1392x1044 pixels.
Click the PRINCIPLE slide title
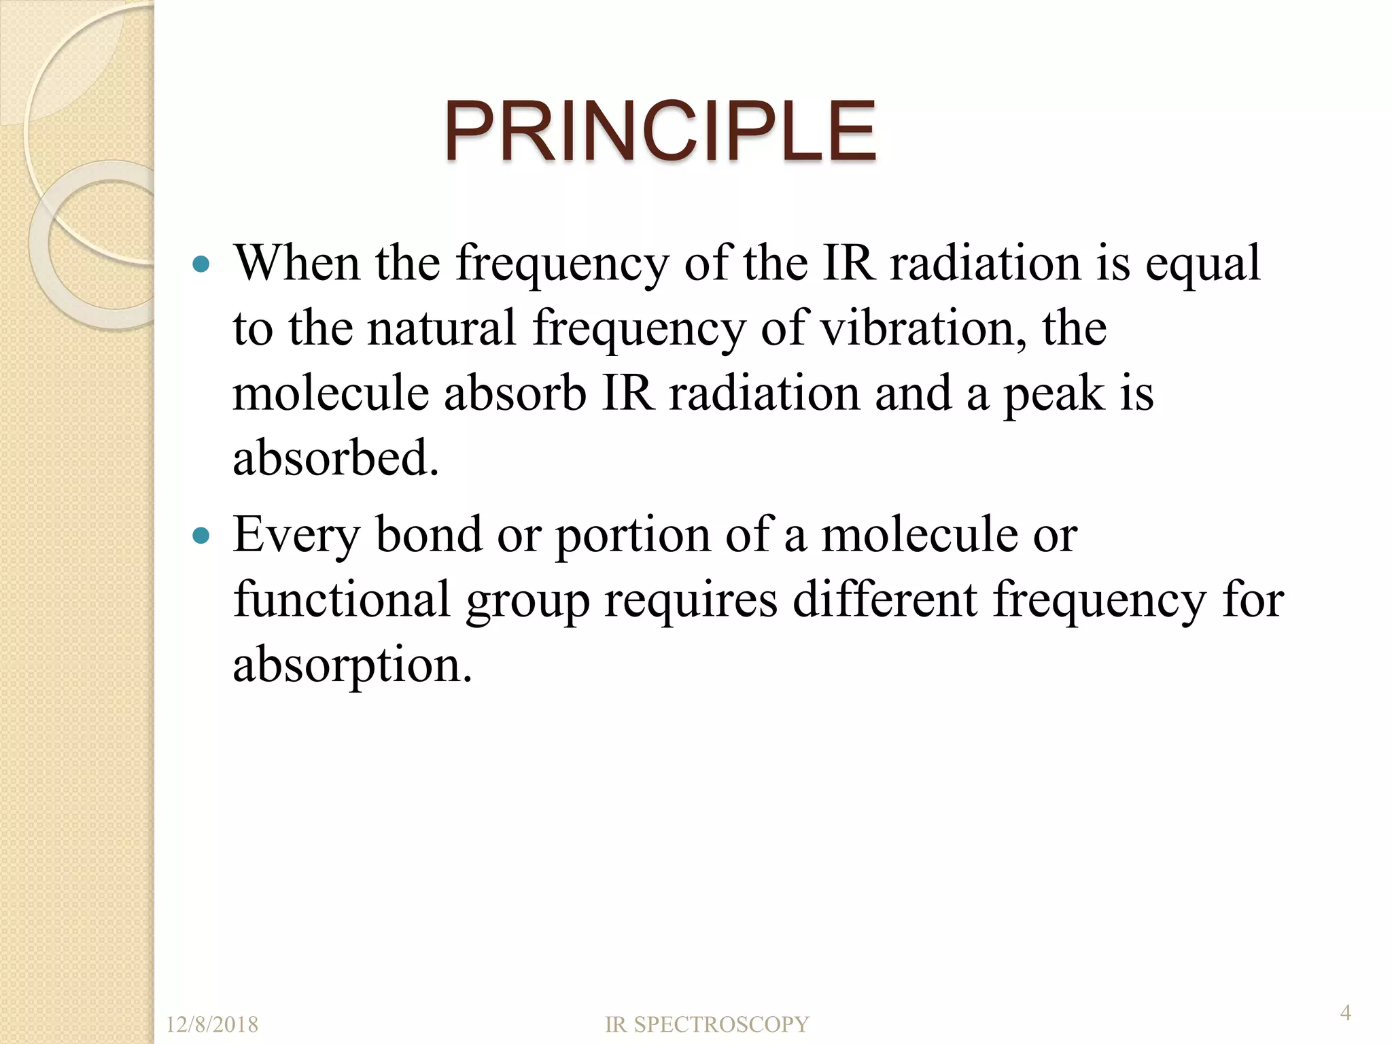click(659, 131)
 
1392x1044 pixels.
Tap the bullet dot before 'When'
click(201, 264)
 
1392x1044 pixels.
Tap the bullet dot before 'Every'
click(201, 536)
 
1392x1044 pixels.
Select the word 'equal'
click(1202, 265)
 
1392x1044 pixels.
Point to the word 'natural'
click(442, 328)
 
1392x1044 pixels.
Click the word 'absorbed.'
click(336, 459)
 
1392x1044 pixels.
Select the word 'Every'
click(296, 536)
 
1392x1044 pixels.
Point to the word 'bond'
click(429, 535)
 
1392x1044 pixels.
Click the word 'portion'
click(633, 536)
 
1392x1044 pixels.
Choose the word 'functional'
click(342, 599)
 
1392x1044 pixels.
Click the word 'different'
click(884, 599)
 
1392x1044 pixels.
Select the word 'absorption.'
click(352, 665)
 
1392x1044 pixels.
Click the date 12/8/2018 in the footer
click(212, 1024)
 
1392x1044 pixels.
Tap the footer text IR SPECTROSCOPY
click(707, 1024)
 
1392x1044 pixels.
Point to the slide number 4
click(1345, 1013)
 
